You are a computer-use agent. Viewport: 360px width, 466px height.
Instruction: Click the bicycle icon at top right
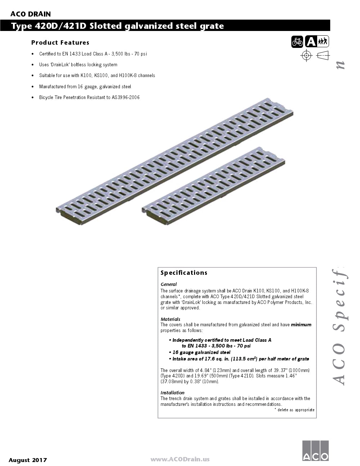click(297, 42)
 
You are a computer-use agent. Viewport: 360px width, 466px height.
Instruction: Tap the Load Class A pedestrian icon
click(317, 42)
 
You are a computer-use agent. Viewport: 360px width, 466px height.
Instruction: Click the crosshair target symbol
click(306, 55)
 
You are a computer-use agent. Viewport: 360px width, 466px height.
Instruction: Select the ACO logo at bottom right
click(315, 450)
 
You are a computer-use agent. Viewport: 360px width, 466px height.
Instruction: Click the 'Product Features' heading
click(60, 42)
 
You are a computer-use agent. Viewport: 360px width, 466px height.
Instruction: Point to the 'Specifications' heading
click(184, 273)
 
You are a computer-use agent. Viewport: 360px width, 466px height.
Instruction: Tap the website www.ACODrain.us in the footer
click(180, 459)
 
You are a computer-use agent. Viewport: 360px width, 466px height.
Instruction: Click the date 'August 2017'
click(28, 460)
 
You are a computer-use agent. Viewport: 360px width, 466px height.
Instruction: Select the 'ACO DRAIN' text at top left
click(31, 14)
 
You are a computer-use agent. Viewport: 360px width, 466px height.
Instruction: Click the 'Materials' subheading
click(170, 319)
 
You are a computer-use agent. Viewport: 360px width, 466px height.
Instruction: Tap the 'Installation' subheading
click(172, 393)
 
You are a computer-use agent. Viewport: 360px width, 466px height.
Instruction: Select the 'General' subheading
click(168, 284)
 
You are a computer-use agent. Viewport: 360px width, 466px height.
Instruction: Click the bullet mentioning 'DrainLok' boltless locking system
click(78, 65)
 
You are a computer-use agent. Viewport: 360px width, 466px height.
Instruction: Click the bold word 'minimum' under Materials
click(301, 324)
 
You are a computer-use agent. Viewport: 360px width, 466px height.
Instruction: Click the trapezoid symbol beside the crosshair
click(323, 55)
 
